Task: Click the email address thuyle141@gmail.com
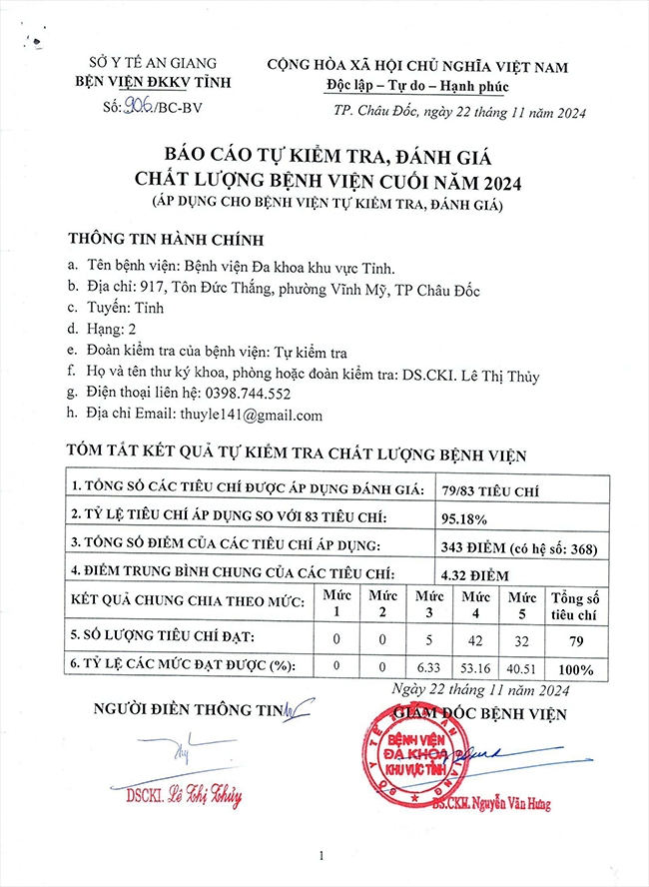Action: [252, 416]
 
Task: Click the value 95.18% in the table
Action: [463, 516]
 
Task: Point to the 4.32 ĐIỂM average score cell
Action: [475, 575]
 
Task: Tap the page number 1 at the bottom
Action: [323, 857]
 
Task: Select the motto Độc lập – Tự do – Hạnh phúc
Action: [416, 86]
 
